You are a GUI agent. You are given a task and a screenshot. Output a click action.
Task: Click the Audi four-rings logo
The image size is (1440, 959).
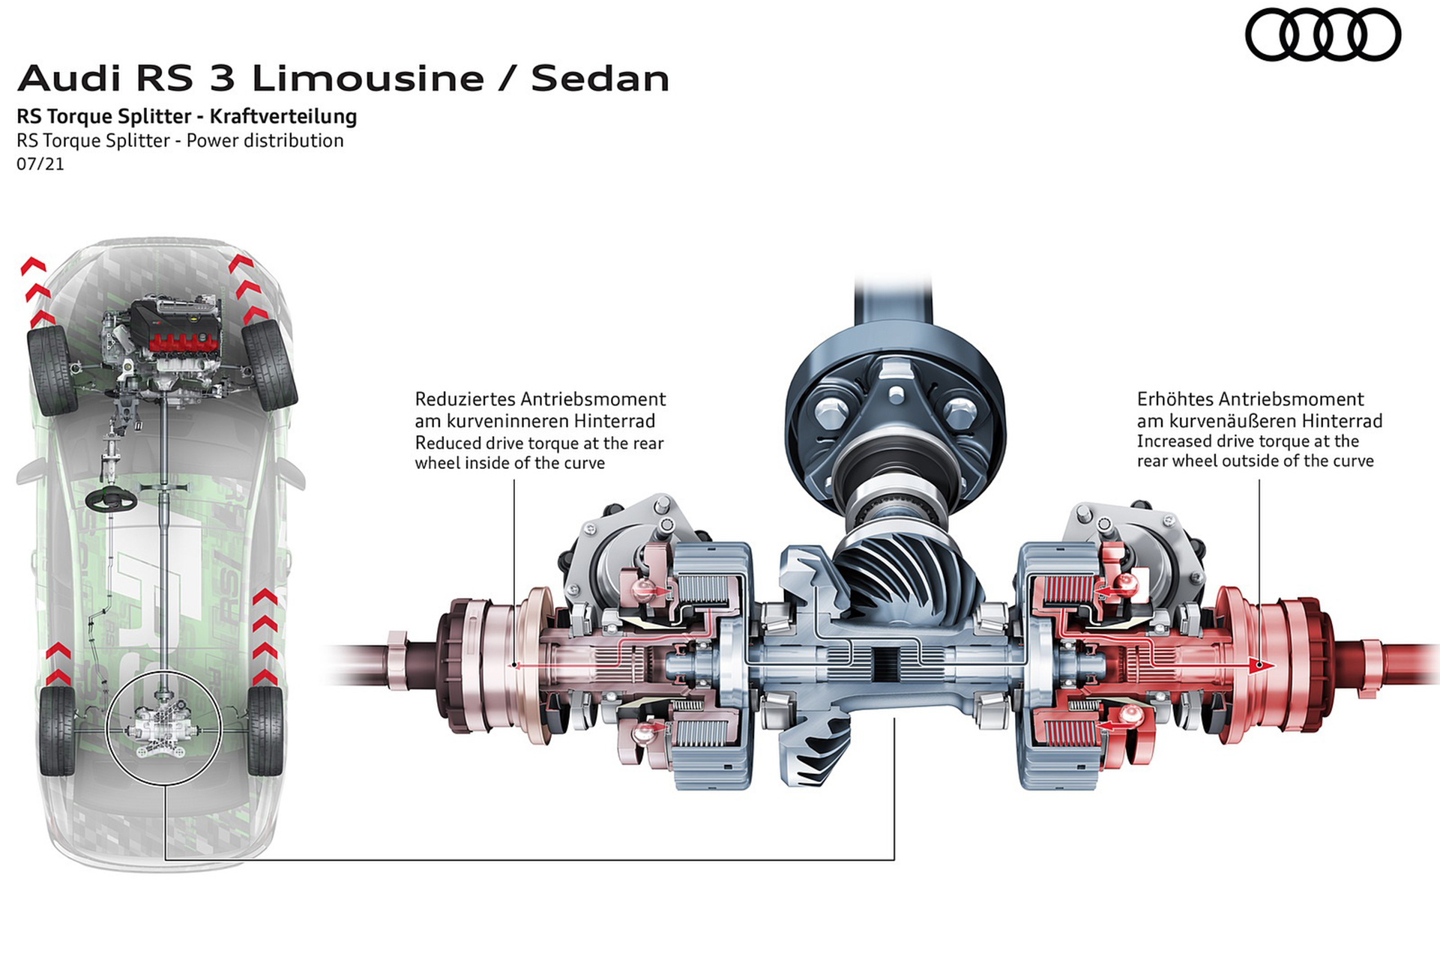pos(1322,34)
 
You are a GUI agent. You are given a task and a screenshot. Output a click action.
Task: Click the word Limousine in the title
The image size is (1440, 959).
pos(367,79)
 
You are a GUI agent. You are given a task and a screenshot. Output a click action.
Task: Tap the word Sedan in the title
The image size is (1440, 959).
pos(600,79)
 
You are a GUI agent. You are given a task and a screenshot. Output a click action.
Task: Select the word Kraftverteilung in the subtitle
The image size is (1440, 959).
pos(283,116)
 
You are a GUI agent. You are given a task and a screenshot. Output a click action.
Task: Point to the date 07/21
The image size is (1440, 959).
pos(40,163)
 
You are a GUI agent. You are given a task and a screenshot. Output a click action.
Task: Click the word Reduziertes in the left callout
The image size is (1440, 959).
pos(465,399)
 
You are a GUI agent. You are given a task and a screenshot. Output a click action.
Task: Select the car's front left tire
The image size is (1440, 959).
pos(52,369)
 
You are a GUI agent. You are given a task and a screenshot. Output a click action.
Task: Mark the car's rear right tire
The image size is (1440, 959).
pos(264,729)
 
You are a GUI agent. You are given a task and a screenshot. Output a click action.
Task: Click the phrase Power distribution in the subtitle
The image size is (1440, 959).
pos(265,141)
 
